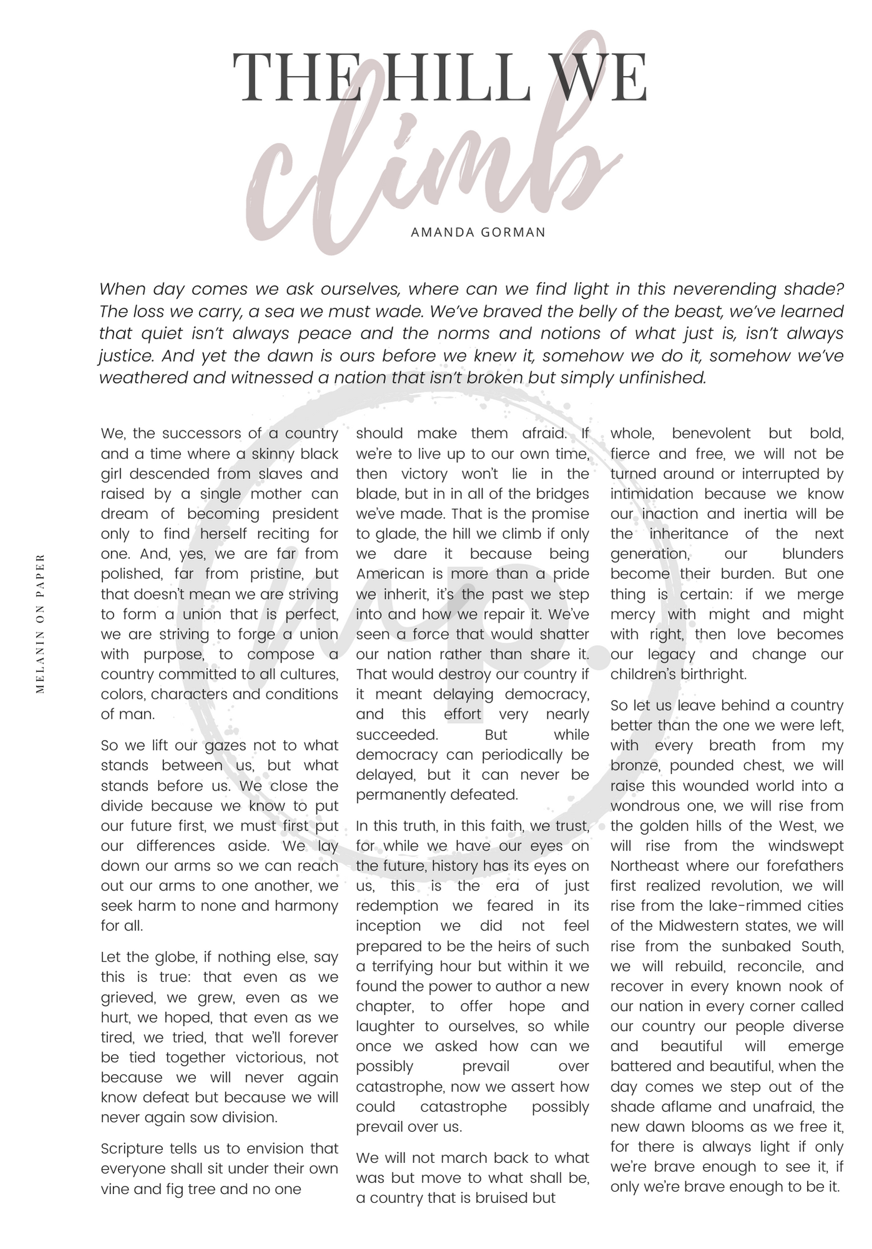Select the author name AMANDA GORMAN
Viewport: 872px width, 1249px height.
click(478, 232)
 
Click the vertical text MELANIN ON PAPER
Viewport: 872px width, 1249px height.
click(41, 623)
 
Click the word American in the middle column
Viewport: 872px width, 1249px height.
click(390, 573)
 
